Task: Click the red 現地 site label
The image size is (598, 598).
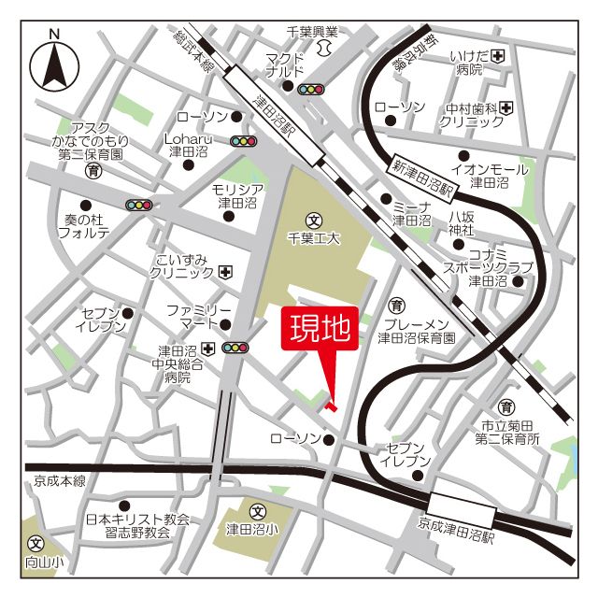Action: coord(319,330)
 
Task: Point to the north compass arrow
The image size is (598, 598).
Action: coord(55,66)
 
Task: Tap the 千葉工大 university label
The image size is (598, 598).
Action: coord(314,238)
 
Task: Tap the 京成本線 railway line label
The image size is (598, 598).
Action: coord(59,480)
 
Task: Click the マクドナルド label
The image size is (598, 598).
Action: coord(284,64)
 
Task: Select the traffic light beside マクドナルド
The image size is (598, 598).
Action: coord(310,90)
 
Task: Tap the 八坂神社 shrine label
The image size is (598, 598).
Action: coord(462,223)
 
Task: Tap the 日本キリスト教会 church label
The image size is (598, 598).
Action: coord(138,519)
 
